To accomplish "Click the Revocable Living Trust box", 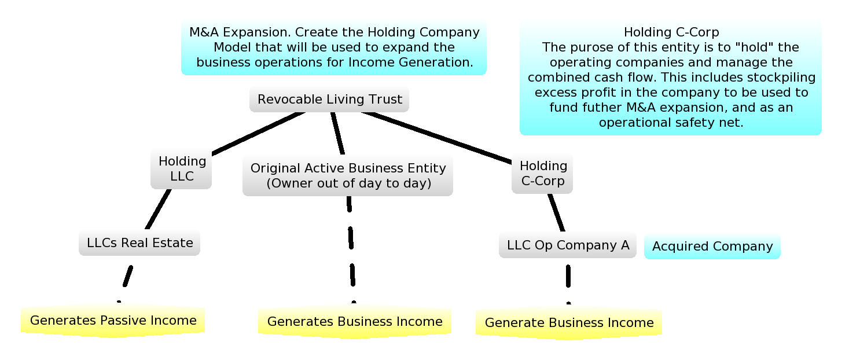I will (329, 100).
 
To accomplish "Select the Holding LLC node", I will (182, 168).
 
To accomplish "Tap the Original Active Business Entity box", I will (348, 175).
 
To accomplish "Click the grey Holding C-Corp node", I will (543, 173).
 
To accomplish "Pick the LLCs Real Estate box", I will (139, 243).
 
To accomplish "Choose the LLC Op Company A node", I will (568, 245).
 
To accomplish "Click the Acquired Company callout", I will (712, 247).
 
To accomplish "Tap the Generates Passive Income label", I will (113, 321).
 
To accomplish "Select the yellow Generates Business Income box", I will (354, 322).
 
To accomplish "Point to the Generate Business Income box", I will (569, 323).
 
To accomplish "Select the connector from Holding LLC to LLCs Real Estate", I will (159, 210).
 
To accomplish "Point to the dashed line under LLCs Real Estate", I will (127, 277).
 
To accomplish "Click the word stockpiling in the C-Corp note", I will (782, 78).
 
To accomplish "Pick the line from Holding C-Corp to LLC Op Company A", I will (556, 212).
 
